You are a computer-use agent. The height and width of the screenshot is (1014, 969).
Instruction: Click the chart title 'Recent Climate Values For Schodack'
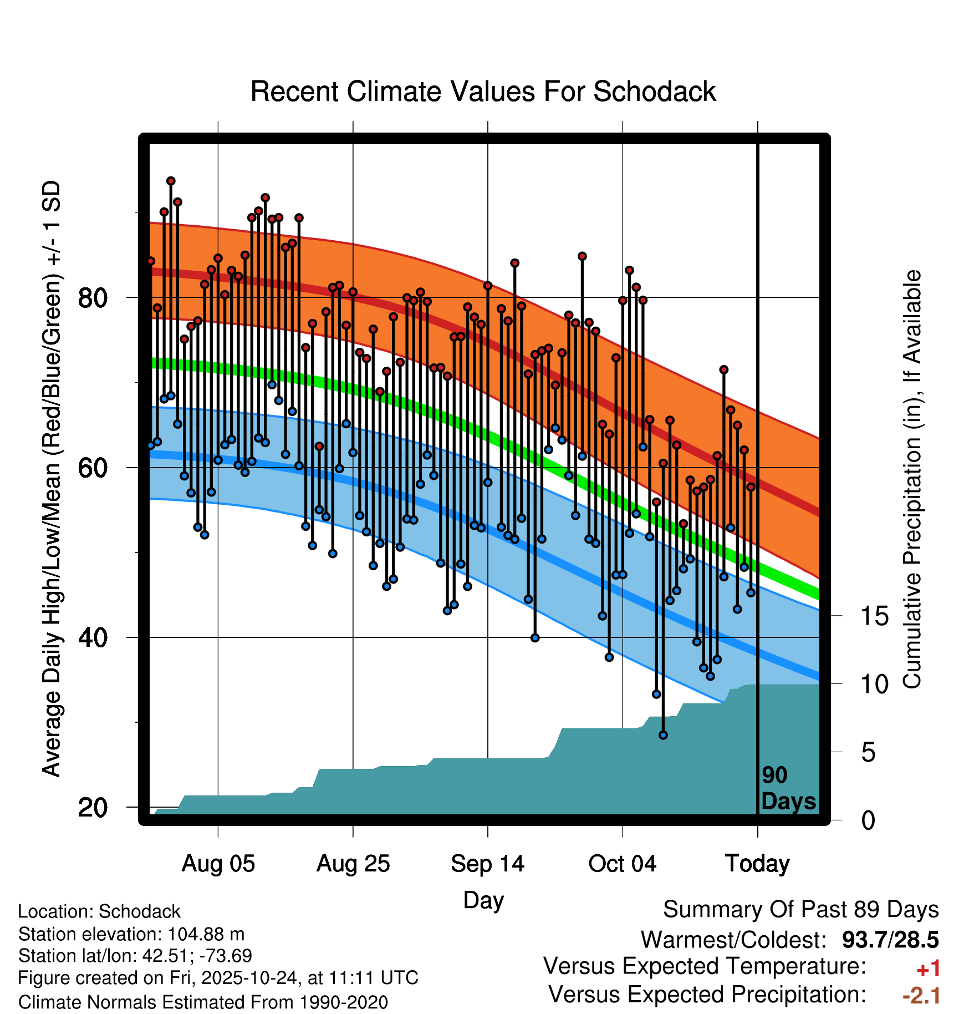[483, 92]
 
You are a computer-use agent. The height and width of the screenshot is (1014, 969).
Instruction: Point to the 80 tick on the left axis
[93, 298]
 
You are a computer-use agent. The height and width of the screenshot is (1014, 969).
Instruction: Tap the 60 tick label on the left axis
[93, 468]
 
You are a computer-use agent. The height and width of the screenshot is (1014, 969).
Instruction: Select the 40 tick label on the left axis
[93, 637]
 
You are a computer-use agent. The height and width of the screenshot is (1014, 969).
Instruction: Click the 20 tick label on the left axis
[93, 807]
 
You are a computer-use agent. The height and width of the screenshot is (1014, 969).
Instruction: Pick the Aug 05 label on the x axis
[218, 864]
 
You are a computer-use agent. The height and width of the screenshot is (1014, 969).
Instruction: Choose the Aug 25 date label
[353, 864]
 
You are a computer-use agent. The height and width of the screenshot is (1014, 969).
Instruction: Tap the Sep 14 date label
[487, 864]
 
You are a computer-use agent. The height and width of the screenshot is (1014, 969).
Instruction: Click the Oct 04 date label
[622, 864]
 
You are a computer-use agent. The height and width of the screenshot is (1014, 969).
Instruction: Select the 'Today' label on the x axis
[757, 864]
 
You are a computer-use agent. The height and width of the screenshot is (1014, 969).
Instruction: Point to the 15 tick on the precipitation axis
[874, 616]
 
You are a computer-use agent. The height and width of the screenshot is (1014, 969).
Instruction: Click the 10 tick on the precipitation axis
[874, 685]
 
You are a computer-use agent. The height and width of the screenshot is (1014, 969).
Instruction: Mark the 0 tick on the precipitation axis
[868, 820]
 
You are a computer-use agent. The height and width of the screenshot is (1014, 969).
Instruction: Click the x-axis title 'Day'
[483, 900]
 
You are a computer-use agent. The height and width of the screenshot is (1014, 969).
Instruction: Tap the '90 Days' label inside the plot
[788, 788]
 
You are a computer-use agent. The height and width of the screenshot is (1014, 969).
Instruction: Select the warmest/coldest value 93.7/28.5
[890, 940]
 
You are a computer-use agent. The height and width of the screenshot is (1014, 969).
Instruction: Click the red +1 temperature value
[929, 969]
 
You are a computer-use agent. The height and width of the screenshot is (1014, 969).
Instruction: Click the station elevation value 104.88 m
[206, 934]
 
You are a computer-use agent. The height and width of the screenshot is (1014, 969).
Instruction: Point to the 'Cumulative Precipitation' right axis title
[912, 479]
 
